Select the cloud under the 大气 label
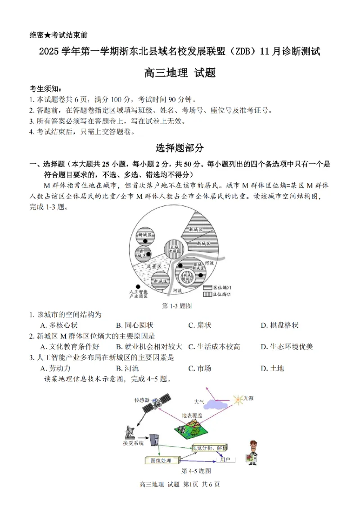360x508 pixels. (x=211, y=405)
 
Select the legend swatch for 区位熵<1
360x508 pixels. (x=207, y=294)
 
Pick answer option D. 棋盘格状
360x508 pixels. (x=279, y=325)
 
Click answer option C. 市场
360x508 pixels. (x=200, y=368)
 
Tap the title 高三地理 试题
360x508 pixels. (x=180, y=72)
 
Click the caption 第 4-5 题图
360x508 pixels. (x=196, y=471)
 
